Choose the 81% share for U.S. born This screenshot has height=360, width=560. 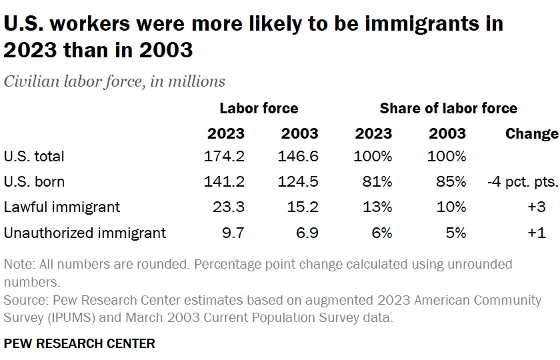(x=378, y=181)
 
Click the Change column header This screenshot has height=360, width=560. (x=531, y=133)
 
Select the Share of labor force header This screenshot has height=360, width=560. (x=448, y=108)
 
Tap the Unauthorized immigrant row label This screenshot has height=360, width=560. (x=85, y=232)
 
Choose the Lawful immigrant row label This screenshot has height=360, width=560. (x=62, y=207)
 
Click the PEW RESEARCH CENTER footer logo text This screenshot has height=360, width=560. (x=79, y=343)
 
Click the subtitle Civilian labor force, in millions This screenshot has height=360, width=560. (x=115, y=81)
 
